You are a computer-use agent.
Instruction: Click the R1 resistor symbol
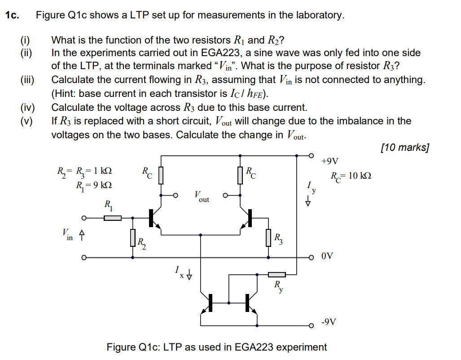click(x=113, y=218)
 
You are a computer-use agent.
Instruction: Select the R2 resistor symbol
click(x=133, y=237)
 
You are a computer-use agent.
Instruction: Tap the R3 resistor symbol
click(x=268, y=237)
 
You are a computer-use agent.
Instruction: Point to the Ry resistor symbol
click(x=277, y=274)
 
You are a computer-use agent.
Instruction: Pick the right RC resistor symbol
click(x=240, y=175)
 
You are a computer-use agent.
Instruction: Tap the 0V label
click(x=327, y=257)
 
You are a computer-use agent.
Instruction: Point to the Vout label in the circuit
click(x=202, y=196)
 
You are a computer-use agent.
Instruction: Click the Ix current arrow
click(x=189, y=274)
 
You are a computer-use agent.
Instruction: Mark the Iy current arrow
click(x=308, y=201)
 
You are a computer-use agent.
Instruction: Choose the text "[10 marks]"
click(x=404, y=147)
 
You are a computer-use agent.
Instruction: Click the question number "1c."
click(x=12, y=15)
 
